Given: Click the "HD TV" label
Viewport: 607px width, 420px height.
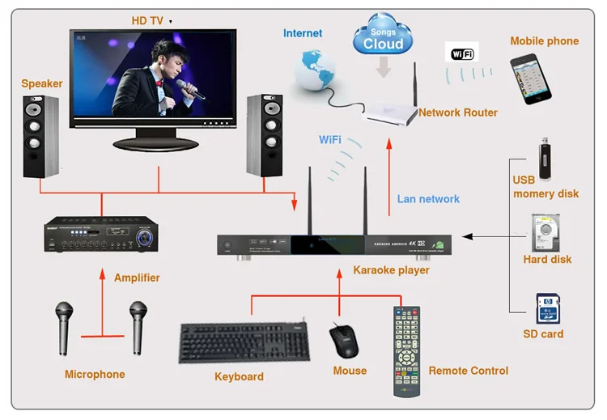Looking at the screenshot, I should click(147, 20).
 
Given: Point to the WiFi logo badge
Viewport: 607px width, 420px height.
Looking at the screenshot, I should click(461, 53).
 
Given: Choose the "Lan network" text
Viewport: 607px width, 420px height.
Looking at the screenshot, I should click(428, 199).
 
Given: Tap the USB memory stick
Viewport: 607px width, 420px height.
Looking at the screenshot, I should click(545, 159).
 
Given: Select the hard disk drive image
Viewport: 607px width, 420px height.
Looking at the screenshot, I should click(545, 233).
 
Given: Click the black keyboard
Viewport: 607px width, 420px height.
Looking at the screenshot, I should click(244, 343).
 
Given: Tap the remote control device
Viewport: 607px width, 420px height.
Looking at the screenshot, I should click(408, 350).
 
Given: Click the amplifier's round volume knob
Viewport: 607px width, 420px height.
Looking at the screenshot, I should click(146, 237).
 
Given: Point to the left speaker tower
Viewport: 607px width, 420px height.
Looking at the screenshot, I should click(40, 137).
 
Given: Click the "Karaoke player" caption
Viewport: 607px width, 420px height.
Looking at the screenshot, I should click(391, 269).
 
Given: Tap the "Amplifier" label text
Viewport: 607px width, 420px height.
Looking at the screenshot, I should click(137, 278).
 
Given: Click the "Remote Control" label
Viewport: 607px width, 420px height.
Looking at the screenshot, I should click(468, 371).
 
